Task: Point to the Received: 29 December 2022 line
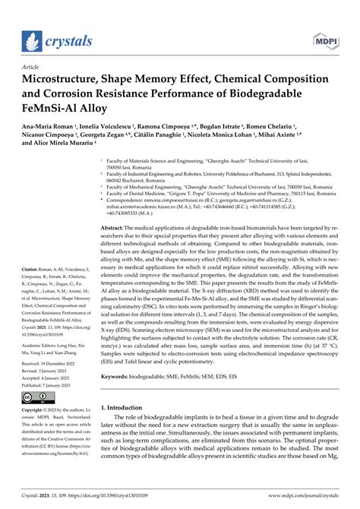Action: pos(52,364)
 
